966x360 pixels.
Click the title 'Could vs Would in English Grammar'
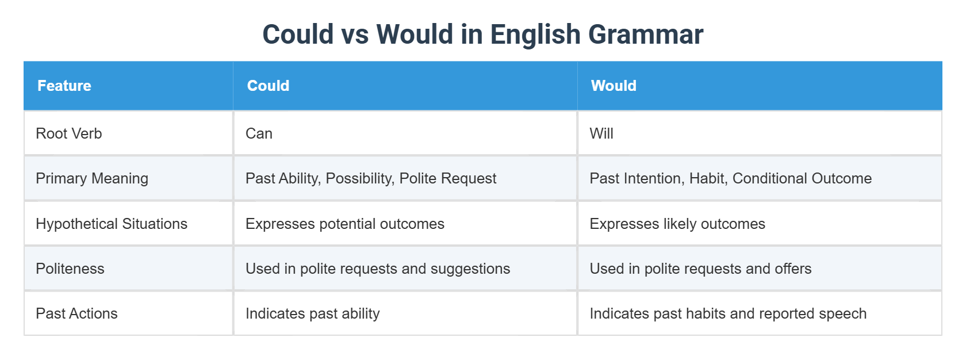point(482,35)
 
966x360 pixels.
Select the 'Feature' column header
point(64,86)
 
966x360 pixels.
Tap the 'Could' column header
point(268,86)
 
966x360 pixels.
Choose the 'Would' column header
point(614,86)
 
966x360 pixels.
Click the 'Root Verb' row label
point(69,133)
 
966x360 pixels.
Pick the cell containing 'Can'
point(259,133)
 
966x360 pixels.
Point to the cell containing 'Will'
point(601,133)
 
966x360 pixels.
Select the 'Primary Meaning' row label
point(92,178)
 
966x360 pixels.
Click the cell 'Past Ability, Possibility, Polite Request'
point(371,178)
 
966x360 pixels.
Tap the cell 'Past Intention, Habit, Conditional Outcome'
point(730,178)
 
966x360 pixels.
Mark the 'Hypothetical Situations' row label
point(112,224)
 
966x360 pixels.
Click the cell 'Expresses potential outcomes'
point(345,224)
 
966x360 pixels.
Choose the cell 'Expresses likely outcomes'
point(677,224)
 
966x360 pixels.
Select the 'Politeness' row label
point(70,269)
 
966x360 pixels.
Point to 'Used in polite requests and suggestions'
point(378,269)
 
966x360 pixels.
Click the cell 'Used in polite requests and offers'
point(700,269)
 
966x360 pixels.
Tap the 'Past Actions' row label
point(76,313)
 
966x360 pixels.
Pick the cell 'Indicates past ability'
point(312,313)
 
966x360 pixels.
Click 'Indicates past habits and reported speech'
point(728,313)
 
